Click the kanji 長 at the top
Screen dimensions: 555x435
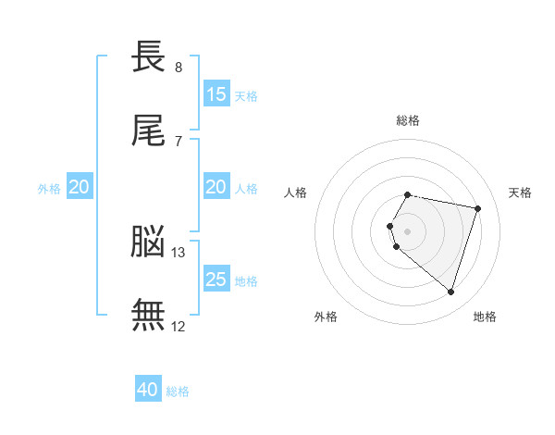point(148,56)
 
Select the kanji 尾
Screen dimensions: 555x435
point(148,130)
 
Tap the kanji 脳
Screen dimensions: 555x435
point(148,242)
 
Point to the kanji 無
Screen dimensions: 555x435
point(148,315)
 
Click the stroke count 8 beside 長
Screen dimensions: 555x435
point(179,68)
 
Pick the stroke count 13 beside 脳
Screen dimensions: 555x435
point(178,253)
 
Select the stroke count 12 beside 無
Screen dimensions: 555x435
point(178,327)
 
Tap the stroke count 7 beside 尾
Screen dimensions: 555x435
point(179,142)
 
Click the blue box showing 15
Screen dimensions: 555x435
point(216,93)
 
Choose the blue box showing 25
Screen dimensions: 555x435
point(216,279)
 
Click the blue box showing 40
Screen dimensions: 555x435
point(148,388)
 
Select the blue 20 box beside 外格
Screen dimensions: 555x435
point(80,186)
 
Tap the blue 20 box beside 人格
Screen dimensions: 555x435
point(216,186)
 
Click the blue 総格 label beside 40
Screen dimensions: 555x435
point(178,391)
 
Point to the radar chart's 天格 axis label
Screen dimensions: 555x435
point(520,193)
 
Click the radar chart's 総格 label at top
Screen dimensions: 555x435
point(408,120)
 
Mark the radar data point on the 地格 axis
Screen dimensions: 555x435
point(451,292)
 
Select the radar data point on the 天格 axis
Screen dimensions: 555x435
point(478,208)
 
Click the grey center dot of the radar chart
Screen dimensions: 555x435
point(407,231)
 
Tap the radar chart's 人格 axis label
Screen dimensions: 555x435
point(295,193)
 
